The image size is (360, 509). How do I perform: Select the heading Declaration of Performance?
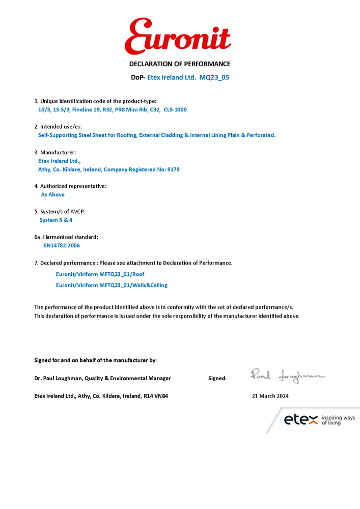coord(180,64)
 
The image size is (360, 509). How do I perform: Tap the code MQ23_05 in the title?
coord(218,78)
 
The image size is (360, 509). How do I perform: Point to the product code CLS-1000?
coord(176,109)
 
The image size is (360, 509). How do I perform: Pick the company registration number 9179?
coord(173,169)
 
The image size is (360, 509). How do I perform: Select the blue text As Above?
coord(52,194)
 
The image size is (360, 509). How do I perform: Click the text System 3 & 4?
coord(56,220)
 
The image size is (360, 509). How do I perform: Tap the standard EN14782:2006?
coord(62,245)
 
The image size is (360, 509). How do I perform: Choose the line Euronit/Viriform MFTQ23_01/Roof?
coord(100,274)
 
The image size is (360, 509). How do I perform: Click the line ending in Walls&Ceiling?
coord(112,285)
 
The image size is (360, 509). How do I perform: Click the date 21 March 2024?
coord(270,396)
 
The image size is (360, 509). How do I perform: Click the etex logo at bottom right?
coord(300,420)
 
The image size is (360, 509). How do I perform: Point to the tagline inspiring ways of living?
coord(338,420)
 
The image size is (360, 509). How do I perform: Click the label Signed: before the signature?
coord(217,378)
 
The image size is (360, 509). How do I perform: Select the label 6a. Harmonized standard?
coord(66,237)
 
